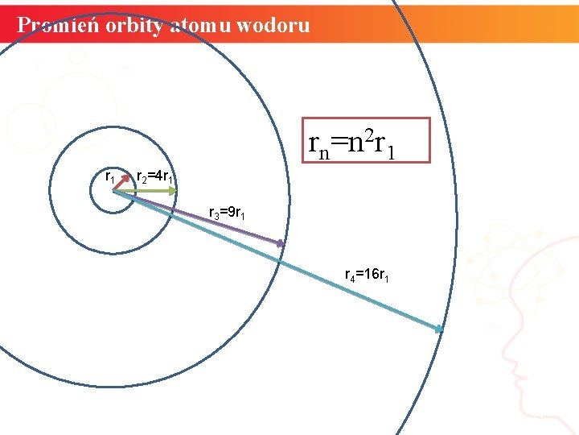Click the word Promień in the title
52,25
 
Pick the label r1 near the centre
111,175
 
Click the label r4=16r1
368,275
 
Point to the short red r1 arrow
122,184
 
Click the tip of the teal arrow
441,329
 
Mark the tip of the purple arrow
281,243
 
